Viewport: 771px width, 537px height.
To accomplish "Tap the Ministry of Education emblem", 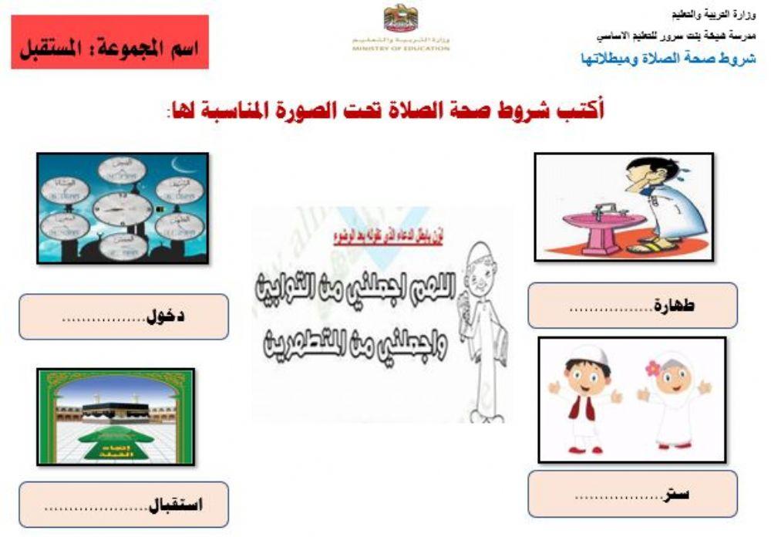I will click(x=400, y=19).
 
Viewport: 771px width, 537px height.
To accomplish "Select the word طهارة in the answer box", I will click(x=673, y=306).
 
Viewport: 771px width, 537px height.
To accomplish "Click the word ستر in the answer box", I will click(x=676, y=493).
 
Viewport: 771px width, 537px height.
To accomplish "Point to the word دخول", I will click(x=165, y=317).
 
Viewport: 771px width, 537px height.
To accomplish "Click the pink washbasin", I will click(x=604, y=227).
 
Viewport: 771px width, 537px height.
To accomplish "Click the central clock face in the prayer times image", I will click(x=122, y=209).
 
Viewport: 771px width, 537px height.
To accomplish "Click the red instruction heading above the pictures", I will click(x=385, y=110).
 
